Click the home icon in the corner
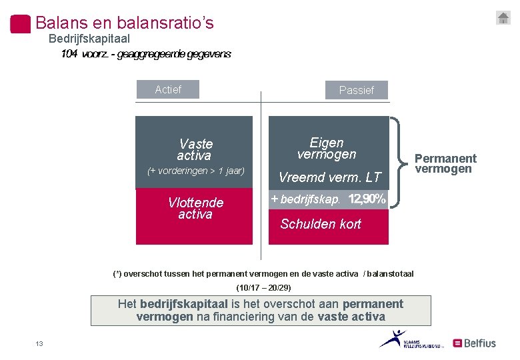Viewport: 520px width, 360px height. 503,18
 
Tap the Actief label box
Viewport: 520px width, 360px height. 168,89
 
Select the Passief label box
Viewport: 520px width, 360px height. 356,90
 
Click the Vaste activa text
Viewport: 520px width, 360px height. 195,149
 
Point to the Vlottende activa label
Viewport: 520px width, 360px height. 195,208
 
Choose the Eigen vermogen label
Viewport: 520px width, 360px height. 327,148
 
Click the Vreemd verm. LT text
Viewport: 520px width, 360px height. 329,177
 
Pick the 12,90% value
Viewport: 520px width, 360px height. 367,199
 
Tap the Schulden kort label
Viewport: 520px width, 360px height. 321,224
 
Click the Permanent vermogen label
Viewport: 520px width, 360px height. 445,163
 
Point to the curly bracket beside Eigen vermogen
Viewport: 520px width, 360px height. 397,160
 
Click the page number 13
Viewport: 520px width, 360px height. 39,343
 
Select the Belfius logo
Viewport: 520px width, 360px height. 475,343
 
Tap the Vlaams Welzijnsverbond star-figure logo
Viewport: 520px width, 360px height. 393,338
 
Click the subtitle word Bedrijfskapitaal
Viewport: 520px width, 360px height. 89,39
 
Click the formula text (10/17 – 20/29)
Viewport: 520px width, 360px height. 264,288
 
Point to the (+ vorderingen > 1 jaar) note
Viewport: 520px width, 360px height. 196,171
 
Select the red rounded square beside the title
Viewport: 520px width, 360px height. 21,23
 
